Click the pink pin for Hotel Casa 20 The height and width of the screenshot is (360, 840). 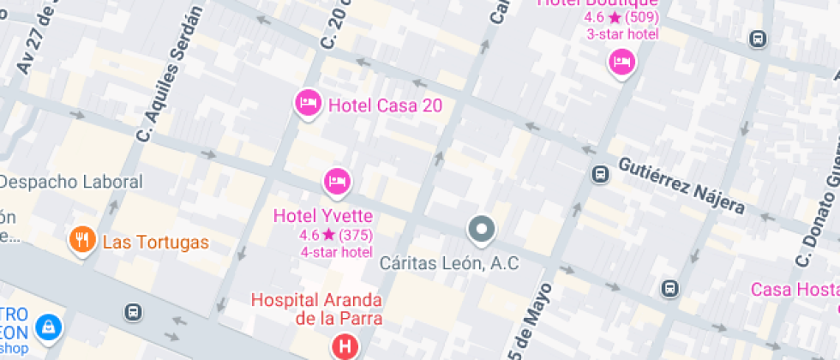pyautogui.click(x=307, y=104)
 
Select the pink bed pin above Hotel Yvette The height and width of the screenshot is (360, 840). pyautogui.click(x=337, y=181)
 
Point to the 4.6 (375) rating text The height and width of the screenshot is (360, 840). pyautogui.click(x=336, y=234)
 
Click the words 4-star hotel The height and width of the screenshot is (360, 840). pyautogui.click(x=336, y=252)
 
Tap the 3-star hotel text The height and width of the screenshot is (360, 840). pyautogui.click(x=622, y=34)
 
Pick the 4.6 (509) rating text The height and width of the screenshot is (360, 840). pyautogui.click(x=621, y=17)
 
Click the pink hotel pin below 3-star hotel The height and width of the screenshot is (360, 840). pyautogui.click(x=621, y=61)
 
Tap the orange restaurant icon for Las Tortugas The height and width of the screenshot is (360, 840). pyautogui.click(x=82, y=240)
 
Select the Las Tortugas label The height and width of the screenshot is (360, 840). pyautogui.click(x=155, y=243)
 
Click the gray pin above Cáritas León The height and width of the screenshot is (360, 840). pyautogui.click(x=482, y=229)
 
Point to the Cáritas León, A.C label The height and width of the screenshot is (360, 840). pyautogui.click(x=450, y=263)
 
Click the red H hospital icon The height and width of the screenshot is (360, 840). pyautogui.click(x=344, y=347)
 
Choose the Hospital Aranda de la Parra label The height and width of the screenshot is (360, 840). pyautogui.click(x=316, y=309)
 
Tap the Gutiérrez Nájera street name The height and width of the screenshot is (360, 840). pyautogui.click(x=681, y=185)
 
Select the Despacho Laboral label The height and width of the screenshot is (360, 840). pyautogui.click(x=71, y=182)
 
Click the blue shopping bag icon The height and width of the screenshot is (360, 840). pyautogui.click(x=51, y=326)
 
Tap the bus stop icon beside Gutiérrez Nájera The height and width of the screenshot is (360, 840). pyautogui.click(x=600, y=174)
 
